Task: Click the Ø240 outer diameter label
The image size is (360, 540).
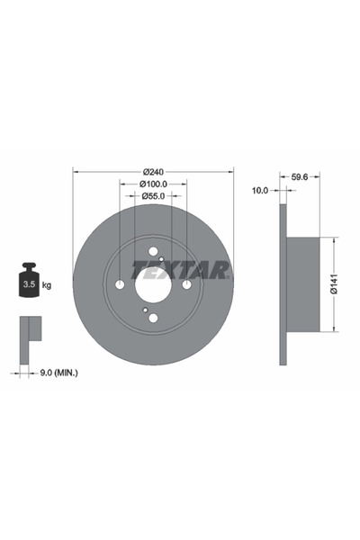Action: [x=153, y=171]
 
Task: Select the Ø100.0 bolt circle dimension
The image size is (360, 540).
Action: [x=153, y=184]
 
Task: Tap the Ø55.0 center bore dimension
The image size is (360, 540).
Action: [x=153, y=196]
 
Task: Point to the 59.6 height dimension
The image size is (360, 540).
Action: [x=300, y=177]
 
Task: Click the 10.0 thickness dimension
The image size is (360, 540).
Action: [x=260, y=190]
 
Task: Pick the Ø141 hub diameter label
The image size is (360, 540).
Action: [x=334, y=284]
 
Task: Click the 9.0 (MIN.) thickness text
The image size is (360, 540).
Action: [x=59, y=373]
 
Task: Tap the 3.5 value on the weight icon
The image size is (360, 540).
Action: [x=29, y=284]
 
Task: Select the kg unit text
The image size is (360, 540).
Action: [x=47, y=285]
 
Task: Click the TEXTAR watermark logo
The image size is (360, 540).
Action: [x=181, y=270]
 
